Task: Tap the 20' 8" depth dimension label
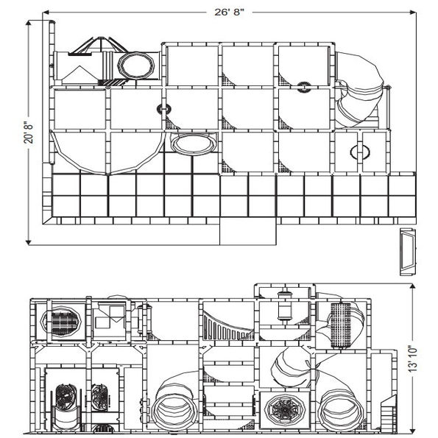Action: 30,132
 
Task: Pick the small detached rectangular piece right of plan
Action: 406,251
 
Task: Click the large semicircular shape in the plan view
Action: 109,151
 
